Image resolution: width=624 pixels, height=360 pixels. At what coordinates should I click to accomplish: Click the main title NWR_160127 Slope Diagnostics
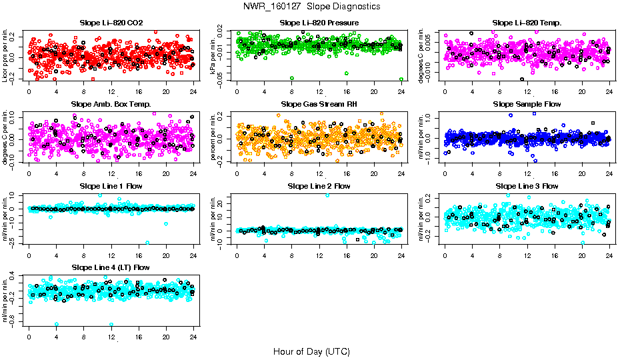pyautogui.click(x=312, y=6)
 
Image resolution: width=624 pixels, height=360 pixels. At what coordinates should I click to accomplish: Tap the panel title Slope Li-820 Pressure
pyautogui.click(x=319, y=23)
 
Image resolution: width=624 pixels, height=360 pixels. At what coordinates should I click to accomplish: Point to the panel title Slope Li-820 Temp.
pyautogui.click(x=527, y=23)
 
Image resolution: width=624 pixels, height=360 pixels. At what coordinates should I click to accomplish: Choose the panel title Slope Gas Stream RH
pyautogui.click(x=319, y=105)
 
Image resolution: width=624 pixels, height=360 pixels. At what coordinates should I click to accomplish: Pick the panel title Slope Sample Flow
pyautogui.click(x=527, y=105)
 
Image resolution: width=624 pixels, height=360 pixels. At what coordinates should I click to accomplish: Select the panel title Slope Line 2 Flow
pyautogui.click(x=319, y=186)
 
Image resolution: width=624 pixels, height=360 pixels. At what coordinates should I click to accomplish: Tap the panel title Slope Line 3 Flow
pyautogui.click(x=527, y=186)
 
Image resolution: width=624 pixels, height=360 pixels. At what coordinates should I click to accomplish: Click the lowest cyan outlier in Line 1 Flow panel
pyautogui.click(x=147, y=243)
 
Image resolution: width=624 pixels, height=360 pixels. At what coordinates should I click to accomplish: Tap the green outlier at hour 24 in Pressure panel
pyautogui.click(x=401, y=79)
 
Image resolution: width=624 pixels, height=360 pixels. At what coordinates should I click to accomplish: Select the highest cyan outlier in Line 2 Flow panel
pyautogui.click(x=327, y=195)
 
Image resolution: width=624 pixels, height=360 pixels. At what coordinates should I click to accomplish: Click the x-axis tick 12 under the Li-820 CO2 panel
pyautogui.click(x=111, y=92)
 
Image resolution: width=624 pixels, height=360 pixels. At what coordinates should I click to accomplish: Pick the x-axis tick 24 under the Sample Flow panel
pyautogui.click(x=609, y=173)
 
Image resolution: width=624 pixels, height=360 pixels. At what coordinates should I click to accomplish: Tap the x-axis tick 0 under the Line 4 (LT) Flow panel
pyautogui.click(x=29, y=337)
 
